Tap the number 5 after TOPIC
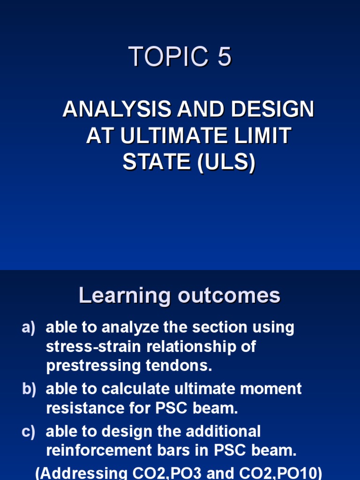pos(224,57)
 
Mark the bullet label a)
pos(28,328)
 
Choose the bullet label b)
pos(29,389)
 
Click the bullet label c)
pos(28,431)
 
